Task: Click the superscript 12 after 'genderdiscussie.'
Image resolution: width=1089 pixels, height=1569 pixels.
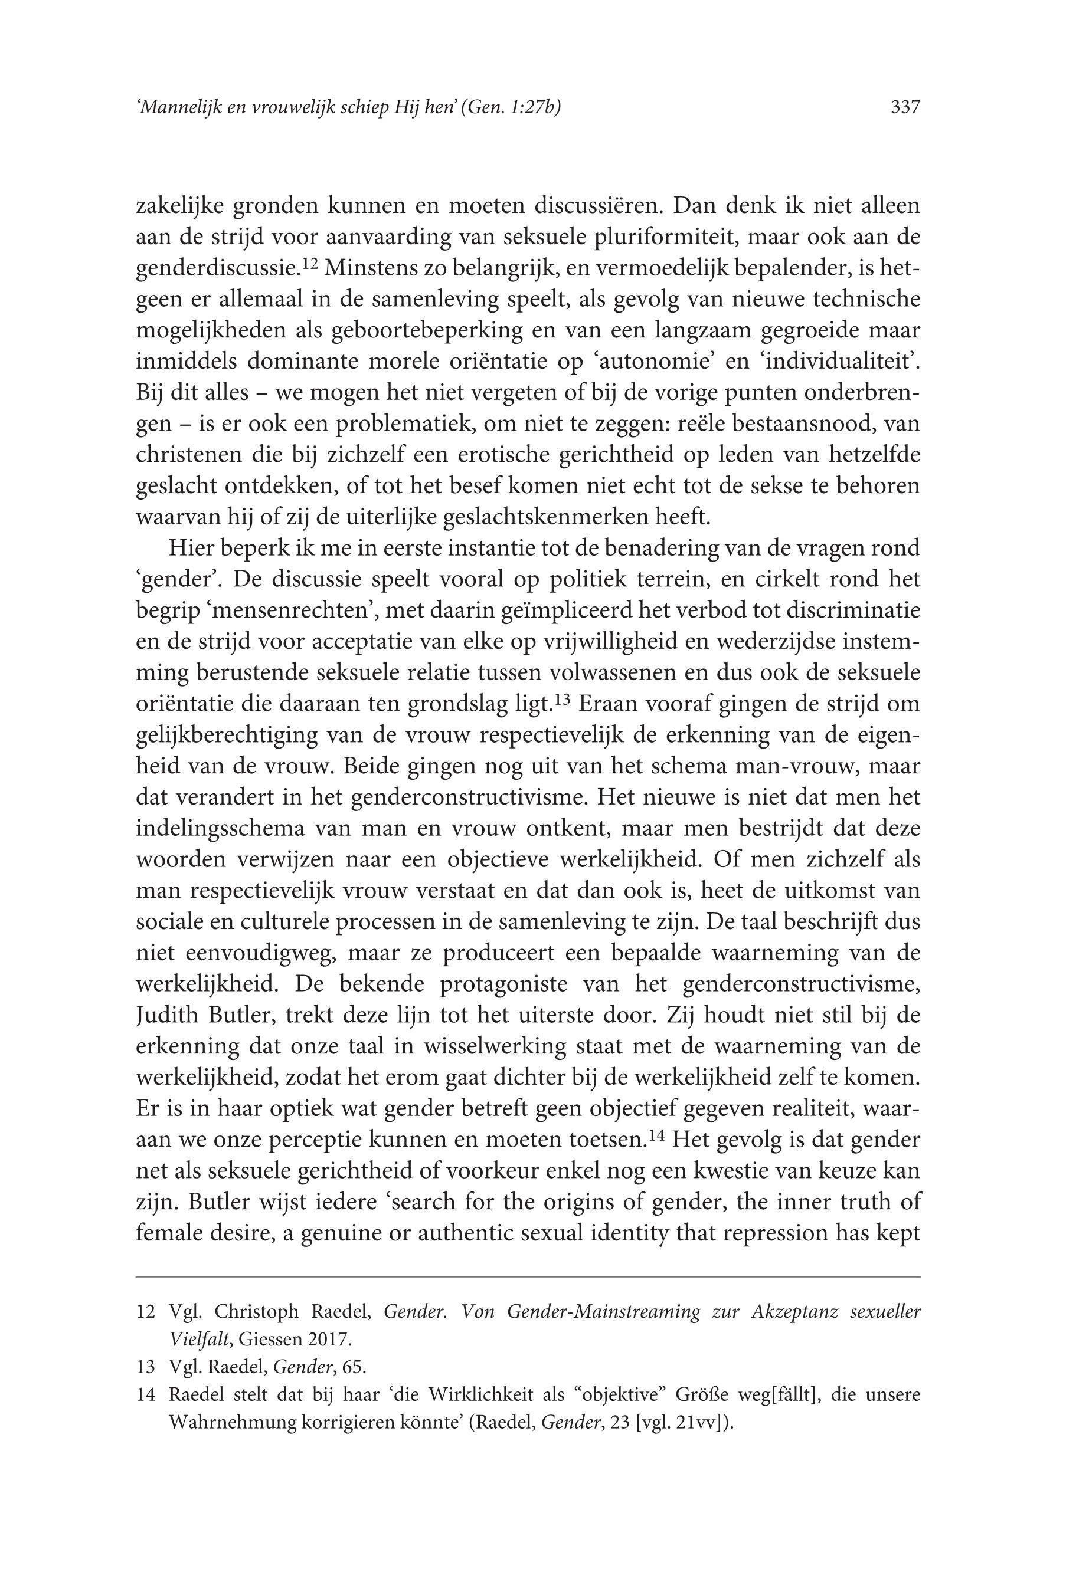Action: coord(311,264)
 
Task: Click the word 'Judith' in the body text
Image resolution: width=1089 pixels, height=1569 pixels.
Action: coord(167,1015)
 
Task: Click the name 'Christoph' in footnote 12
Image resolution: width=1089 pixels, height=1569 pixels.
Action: coord(257,1311)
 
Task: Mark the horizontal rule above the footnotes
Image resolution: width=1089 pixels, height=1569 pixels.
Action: coord(528,1276)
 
